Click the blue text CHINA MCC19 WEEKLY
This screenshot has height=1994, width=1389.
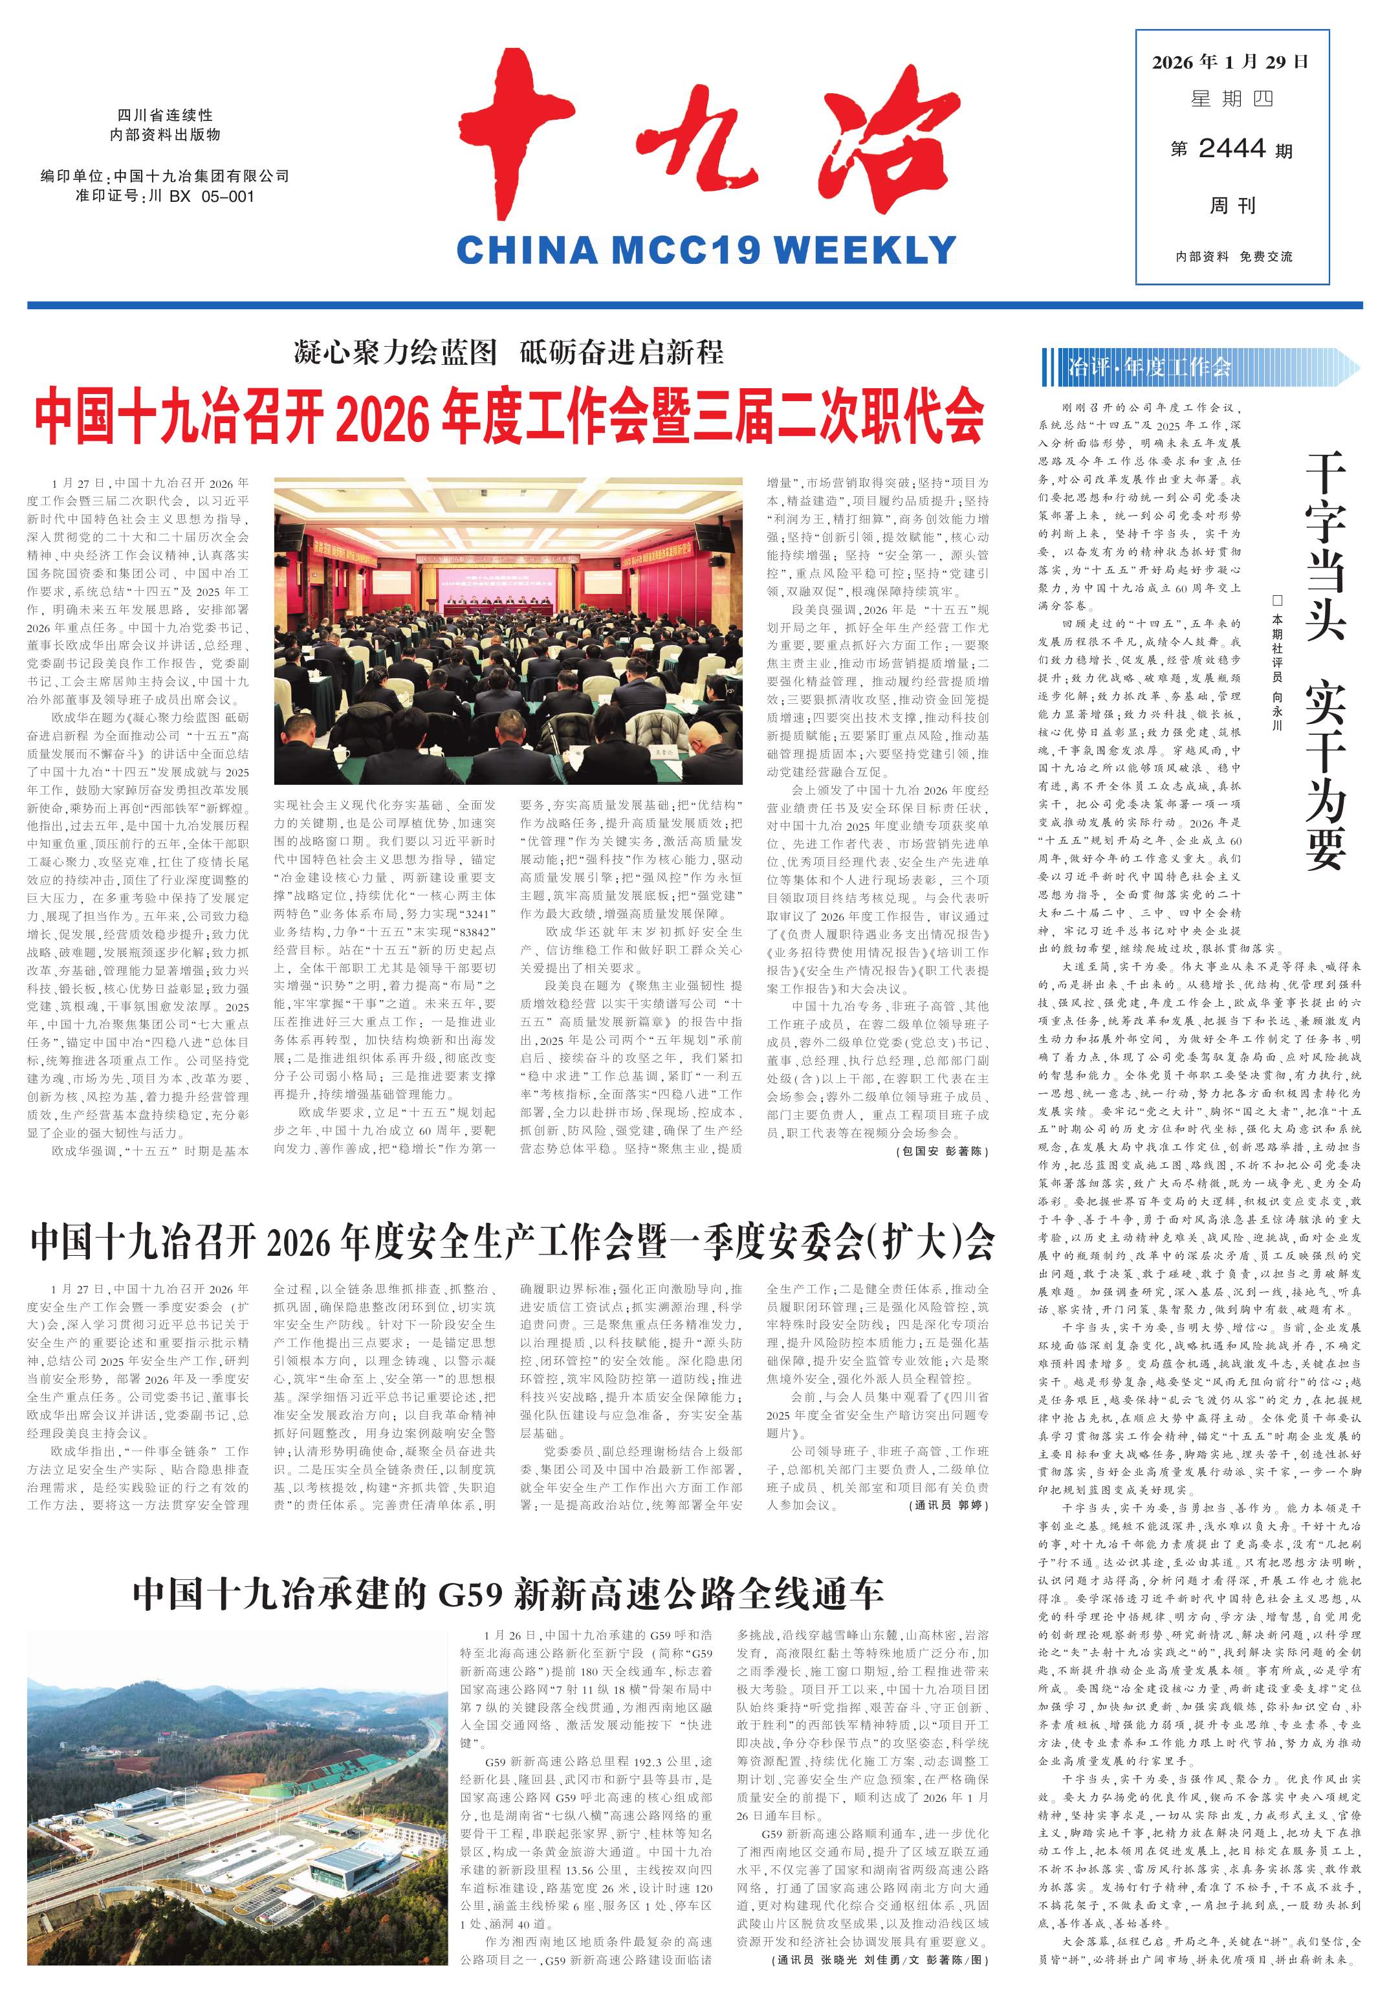(705, 250)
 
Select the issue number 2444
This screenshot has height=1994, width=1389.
(1232, 149)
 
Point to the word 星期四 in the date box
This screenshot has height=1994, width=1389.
(1232, 99)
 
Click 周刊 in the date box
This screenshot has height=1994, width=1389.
(1232, 205)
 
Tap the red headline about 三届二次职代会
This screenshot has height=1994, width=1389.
(509, 417)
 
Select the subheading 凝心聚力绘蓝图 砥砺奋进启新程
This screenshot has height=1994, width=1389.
(509, 353)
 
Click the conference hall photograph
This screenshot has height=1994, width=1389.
(508, 630)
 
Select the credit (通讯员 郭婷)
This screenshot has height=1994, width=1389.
(950, 1505)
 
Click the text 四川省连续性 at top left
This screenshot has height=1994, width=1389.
(165, 116)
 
